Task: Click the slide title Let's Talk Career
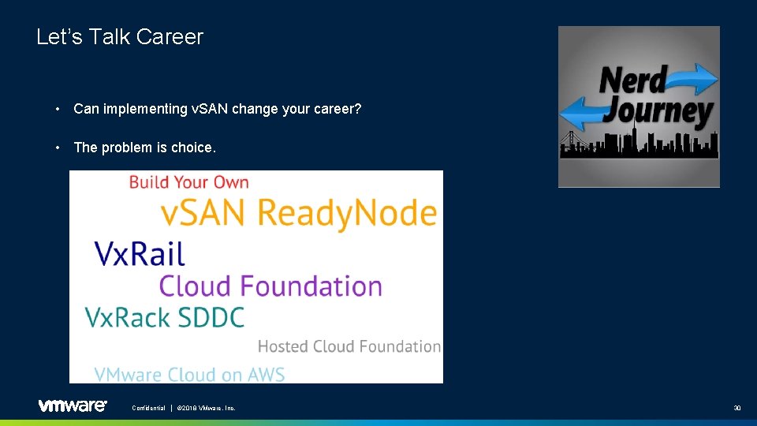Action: click(x=120, y=37)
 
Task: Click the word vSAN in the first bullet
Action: click(x=210, y=109)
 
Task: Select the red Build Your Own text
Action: click(x=188, y=182)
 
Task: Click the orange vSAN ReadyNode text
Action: click(x=298, y=213)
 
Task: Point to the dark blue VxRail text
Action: click(x=140, y=253)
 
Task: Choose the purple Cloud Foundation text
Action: click(x=270, y=286)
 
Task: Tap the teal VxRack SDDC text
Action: click(x=165, y=317)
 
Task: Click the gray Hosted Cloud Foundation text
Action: click(x=349, y=346)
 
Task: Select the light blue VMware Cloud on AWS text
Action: click(x=189, y=374)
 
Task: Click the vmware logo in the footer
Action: click(x=72, y=405)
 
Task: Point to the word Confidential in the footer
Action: click(x=148, y=408)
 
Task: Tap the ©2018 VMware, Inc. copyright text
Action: click(x=206, y=408)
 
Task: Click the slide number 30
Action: click(x=736, y=408)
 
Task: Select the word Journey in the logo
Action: click(x=657, y=112)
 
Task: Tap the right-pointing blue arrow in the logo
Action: click(x=695, y=78)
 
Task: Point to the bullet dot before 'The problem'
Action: click(x=58, y=148)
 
